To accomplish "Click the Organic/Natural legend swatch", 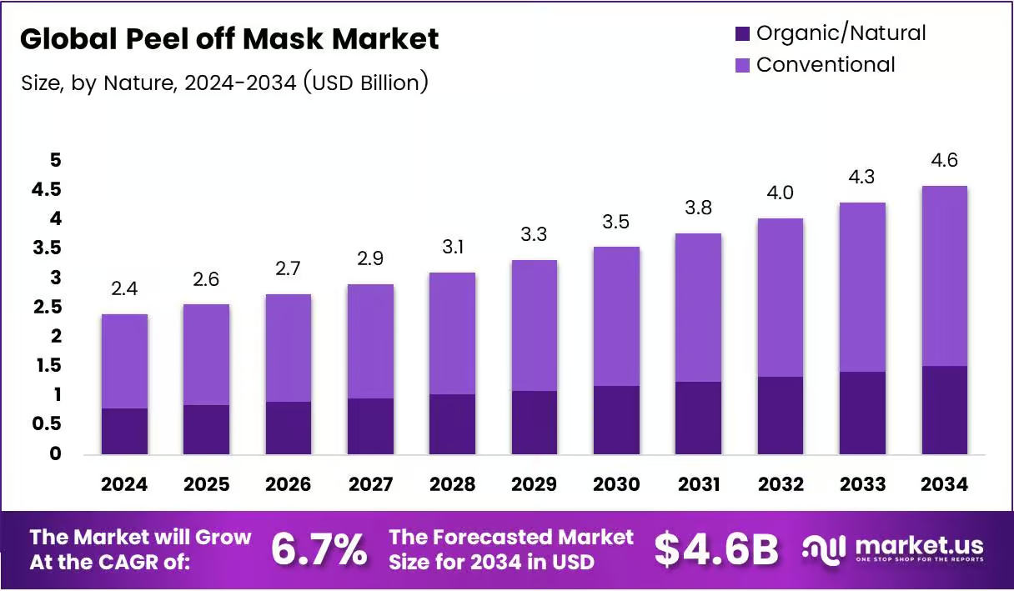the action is pos(742,33).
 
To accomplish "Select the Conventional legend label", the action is pos(826,65).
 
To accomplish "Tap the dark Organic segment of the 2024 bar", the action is pos(124,431).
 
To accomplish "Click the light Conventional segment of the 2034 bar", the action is pos(945,276).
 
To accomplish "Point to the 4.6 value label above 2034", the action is pos(944,160).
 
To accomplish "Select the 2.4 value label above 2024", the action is pos(124,288).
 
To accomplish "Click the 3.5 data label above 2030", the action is pos(615,222).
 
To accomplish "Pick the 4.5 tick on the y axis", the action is pos(46,189).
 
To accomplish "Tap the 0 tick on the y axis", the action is pos(55,453).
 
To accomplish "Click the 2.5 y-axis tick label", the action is pos(47,308).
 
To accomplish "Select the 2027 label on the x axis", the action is pos(370,484).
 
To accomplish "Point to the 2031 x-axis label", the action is pos(699,484).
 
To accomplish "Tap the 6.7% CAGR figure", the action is pos(319,549).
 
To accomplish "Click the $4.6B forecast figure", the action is pos(716,550).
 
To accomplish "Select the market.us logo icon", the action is pos(824,550).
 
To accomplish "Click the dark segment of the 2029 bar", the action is pos(535,423).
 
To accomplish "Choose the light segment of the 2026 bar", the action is pos(289,348).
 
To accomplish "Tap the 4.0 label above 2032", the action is pos(780,193).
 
